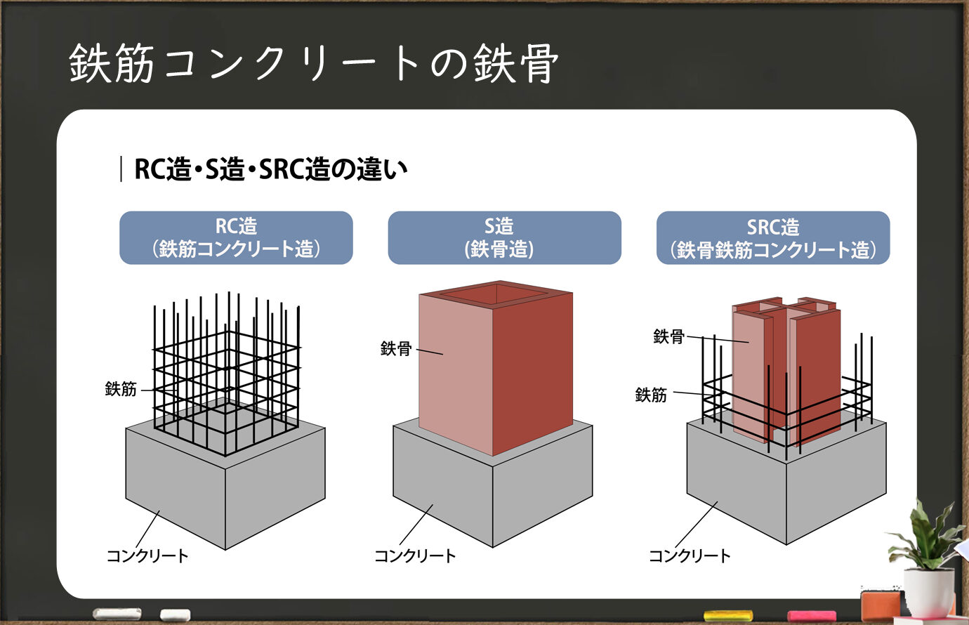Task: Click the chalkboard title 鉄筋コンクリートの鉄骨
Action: [314, 63]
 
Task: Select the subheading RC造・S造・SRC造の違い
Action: [271, 169]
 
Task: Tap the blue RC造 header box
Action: [236, 237]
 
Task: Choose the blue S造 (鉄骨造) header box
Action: [504, 237]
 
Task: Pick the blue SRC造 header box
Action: [773, 237]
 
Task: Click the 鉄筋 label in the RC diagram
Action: [121, 389]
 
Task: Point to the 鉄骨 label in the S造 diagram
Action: [396, 348]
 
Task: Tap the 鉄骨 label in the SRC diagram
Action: [668, 336]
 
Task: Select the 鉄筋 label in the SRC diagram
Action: [651, 395]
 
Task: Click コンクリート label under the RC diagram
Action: [147, 555]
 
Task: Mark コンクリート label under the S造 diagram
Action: [415, 555]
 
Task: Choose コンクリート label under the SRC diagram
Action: [690, 555]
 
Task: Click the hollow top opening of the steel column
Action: [496, 294]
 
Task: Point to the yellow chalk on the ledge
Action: [728, 615]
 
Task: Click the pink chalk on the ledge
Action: [812, 616]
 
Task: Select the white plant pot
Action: [929, 592]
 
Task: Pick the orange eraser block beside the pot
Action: [881, 605]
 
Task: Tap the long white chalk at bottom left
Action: [117, 614]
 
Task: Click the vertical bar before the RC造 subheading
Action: [121, 169]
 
